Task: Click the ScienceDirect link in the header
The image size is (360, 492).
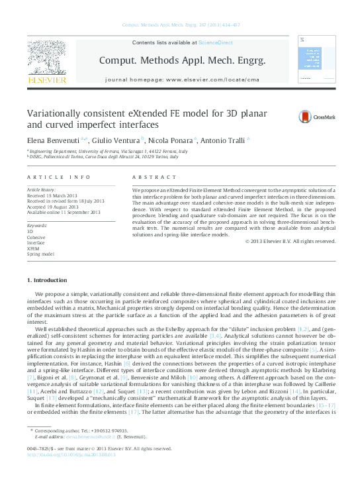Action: (216, 42)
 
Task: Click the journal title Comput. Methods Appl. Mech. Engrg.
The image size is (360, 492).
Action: (182, 60)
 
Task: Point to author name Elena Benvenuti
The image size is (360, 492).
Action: (53, 140)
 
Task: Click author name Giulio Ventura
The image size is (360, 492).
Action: (115, 140)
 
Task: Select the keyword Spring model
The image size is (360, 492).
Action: (40, 254)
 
